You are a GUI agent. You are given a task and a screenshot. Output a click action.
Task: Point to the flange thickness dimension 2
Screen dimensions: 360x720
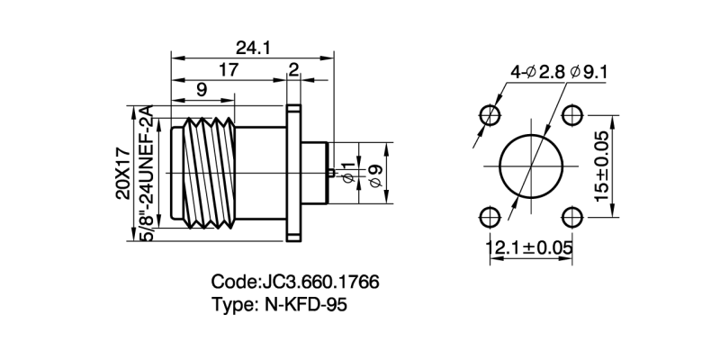tap(293, 70)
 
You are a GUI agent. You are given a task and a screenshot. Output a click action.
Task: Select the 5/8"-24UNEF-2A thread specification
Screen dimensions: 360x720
tap(149, 174)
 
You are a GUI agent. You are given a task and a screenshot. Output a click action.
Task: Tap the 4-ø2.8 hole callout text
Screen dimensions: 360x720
tap(535, 71)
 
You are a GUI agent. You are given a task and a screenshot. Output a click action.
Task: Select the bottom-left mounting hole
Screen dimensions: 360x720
tap(490, 217)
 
